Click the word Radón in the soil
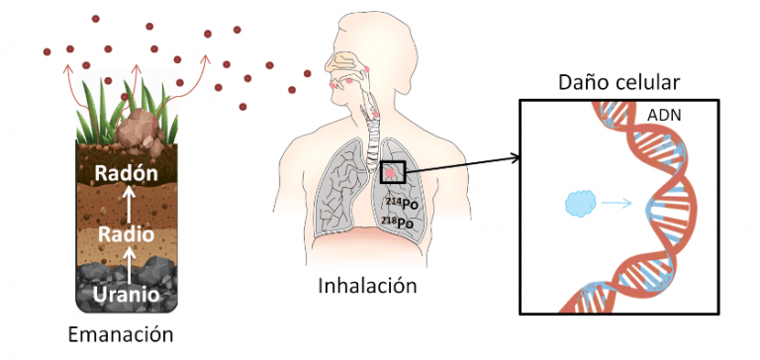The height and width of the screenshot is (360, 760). pyautogui.click(x=126, y=175)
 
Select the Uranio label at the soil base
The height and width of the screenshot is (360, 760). pyautogui.click(x=125, y=294)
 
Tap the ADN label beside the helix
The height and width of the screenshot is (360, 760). pyautogui.click(x=663, y=116)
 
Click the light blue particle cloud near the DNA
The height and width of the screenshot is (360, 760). pyautogui.click(x=580, y=205)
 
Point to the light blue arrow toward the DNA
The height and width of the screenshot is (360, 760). pyautogui.click(x=617, y=205)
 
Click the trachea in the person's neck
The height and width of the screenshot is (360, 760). pyautogui.click(x=374, y=129)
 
